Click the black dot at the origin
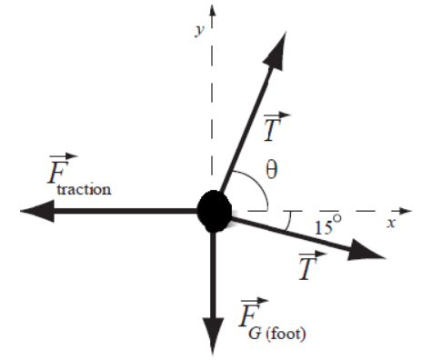click(215, 211)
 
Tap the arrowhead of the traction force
click(37, 211)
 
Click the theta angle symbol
click(271, 169)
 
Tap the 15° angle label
click(328, 225)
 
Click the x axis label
click(391, 224)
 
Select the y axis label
click(199, 31)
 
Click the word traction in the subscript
click(84, 190)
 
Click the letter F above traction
click(58, 172)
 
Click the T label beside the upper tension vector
click(273, 130)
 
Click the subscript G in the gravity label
click(255, 334)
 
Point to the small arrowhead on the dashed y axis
click(213, 10)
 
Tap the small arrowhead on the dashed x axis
click(406, 211)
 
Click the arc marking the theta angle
click(258, 183)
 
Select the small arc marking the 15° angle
click(289, 221)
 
